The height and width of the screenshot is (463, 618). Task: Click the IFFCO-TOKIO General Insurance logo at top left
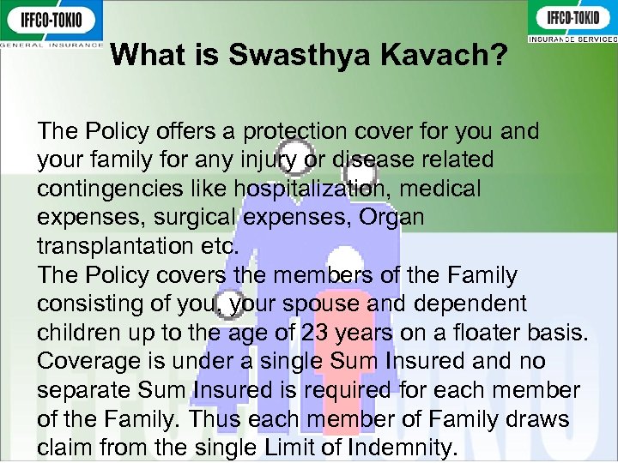coord(51,23)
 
